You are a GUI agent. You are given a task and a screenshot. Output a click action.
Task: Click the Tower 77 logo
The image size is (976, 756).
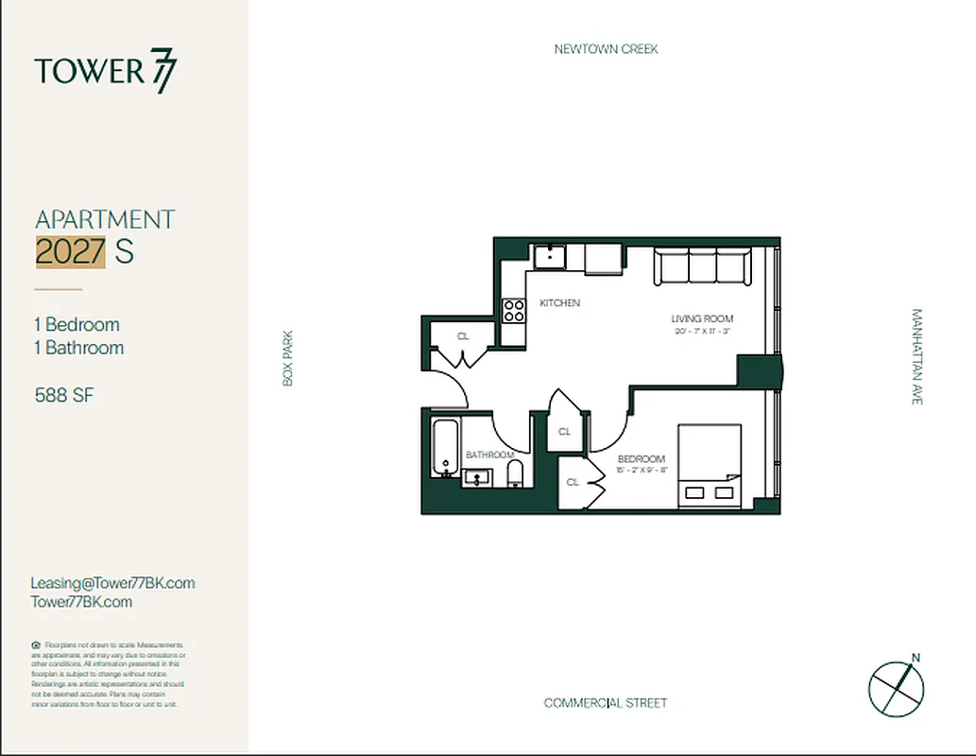[x=105, y=72]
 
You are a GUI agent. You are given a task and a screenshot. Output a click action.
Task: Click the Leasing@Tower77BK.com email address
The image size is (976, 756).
[x=112, y=583]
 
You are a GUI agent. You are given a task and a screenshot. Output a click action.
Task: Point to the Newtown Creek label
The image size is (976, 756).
[x=606, y=49]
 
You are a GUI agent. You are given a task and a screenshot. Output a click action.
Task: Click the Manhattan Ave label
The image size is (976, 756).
[x=916, y=356]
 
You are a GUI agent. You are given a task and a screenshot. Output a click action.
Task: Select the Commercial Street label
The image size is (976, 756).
[x=606, y=703]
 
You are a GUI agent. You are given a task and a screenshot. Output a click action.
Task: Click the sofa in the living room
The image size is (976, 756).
[x=703, y=265]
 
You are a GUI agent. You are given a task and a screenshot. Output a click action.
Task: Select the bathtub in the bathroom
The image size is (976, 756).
[x=444, y=449]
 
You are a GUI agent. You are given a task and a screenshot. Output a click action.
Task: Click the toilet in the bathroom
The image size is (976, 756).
[x=515, y=473]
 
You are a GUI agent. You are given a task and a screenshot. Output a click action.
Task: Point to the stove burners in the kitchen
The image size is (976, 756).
[x=513, y=310]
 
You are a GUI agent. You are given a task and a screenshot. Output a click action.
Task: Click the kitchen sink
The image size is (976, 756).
[x=548, y=256]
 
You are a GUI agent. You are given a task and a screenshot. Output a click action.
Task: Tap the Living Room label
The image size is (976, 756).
[x=702, y=319]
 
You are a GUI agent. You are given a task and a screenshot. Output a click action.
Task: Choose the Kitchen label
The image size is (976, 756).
[x=559, y=303]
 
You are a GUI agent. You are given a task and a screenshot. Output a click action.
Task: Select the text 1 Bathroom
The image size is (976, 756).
[x=78, y=348]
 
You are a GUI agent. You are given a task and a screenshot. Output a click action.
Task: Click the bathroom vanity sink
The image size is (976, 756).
[x=478, y=477]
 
